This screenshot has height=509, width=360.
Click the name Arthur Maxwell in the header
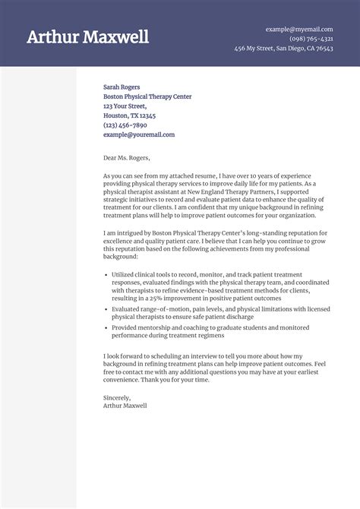(87, 37)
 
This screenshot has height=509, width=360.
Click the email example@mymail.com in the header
(300, 29)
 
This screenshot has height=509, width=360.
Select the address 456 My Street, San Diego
(283, 49)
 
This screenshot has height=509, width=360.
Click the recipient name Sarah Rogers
(122, 87)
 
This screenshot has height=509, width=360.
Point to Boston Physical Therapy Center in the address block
(147, 97)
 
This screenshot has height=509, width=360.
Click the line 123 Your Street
(125, 106)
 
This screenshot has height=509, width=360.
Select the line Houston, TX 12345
(129, 115)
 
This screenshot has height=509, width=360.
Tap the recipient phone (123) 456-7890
(125, 125)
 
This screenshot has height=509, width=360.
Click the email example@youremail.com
(139, 134)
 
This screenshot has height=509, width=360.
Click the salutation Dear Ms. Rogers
(127, 159)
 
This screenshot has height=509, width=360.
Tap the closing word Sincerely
(117, 398)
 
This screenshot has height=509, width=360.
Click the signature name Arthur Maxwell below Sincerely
(125, 406)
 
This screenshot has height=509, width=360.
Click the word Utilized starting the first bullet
(122, 273)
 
